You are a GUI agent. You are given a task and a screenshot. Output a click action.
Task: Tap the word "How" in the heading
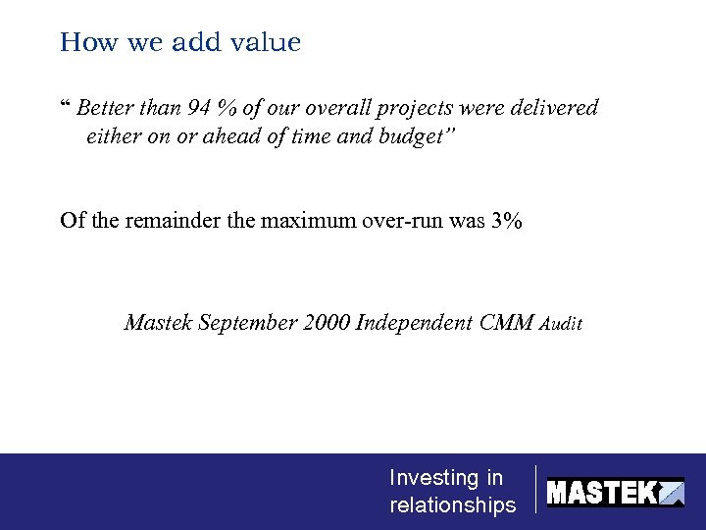(82, 43)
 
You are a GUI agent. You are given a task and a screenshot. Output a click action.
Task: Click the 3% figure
(507, 220)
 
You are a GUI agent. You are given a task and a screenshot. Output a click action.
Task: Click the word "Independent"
(414, 323)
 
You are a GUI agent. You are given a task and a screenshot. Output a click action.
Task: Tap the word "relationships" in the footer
(452, 505)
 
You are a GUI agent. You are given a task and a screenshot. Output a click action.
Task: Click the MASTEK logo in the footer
(615, 492)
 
